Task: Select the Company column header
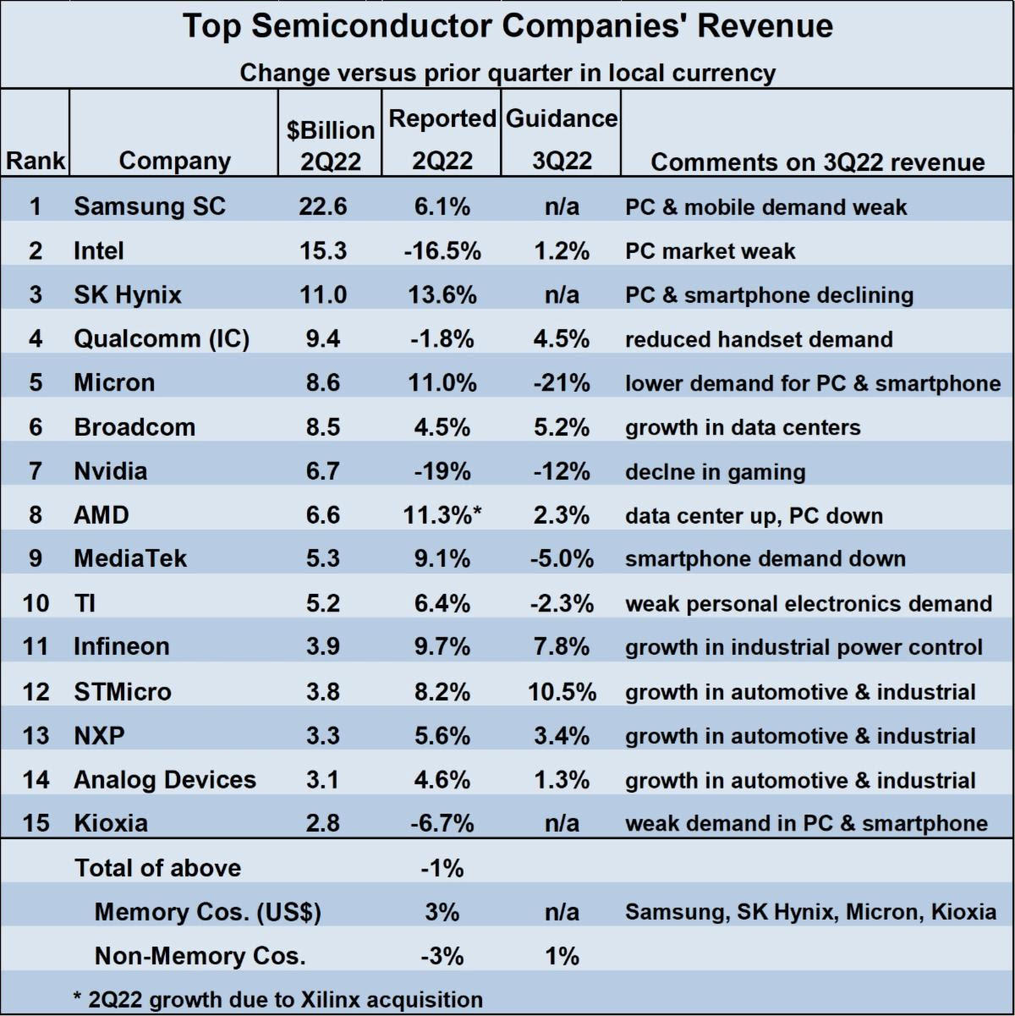tap(174, 161)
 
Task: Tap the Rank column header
tap(35, 161)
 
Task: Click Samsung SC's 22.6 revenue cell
tap(323, 206)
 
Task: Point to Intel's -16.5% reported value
tap(442, 250)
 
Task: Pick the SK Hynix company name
tap(128, 294)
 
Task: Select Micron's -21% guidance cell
tap(562, 382)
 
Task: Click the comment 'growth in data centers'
tap(743, 427)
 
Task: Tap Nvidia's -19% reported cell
tap(442, 471)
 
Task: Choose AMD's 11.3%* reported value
tap(443, 515)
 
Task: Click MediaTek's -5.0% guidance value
tap(562, 559)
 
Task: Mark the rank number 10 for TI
tap(36, 603)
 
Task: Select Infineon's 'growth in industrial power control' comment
tap(804, 647)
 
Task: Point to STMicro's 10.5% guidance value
tap(562, 691)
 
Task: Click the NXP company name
tap(99, 735)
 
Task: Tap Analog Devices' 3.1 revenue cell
tap(323, 779)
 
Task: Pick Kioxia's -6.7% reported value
tap(442, 823)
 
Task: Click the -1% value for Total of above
tap(442, 868)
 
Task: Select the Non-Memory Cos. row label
tap(200, 956)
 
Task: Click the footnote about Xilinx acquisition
tap(278, 999)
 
